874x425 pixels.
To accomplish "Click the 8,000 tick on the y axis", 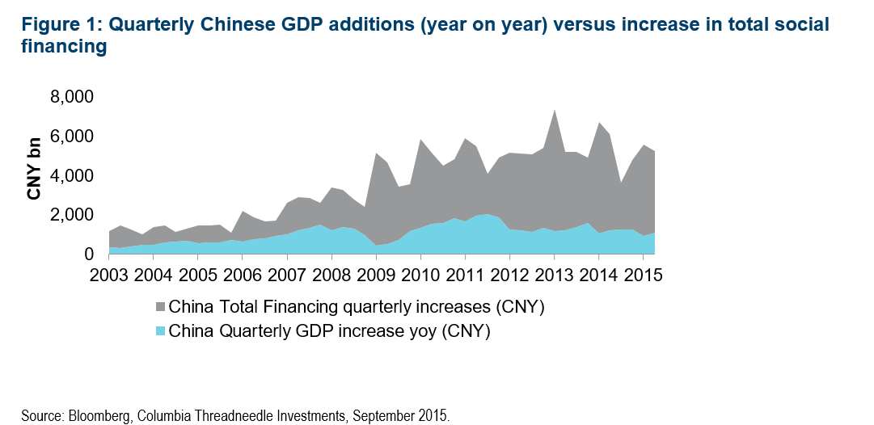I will pyautogui.click(x=74, y=97).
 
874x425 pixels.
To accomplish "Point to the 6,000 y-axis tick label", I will pyautogui.click(x=74, y=137).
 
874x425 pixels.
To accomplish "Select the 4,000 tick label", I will pyautogui.click(x=74, y=176).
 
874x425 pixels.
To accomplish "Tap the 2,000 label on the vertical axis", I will pyautogui.click(x=74, y=215).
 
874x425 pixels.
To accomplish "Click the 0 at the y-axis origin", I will pyautogui.click(x=90, y=255).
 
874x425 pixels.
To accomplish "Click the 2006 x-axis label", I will pyautogui.click(x=242, y=273).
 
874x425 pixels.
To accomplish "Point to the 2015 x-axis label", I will pyautogui.click(x=643, y=273).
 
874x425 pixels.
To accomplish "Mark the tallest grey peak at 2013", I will pyautogui.click(x=554, y=112).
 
